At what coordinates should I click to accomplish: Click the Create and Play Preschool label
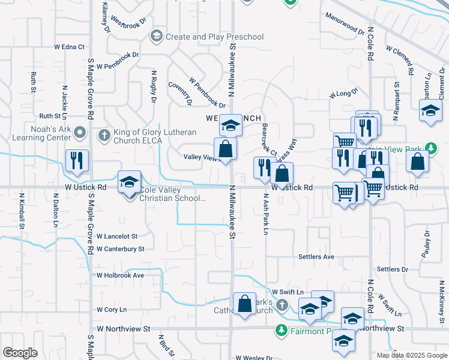pyautogui.click(x=214, y=37)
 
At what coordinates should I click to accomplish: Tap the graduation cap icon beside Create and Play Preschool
pyautogui.click(x=157, y=37)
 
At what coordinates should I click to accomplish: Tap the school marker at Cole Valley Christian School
pyautogui.click(x=128, y=182)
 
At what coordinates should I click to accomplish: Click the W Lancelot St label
pyautogui.click(x=117, y=237)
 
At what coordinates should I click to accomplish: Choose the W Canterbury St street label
pyautogui.click(x=120, y=249)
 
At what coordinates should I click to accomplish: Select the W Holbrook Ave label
pyautogui.click(x=120, y=275)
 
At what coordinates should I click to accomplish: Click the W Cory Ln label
pyautogui.click(x=112, y=310)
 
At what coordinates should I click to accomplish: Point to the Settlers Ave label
pyautogui.click(x=316, y=257)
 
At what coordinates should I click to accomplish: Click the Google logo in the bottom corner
pyautogui.click(x=20, y=353)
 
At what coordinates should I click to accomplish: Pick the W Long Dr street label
pyautogui.click(x=343, y=93)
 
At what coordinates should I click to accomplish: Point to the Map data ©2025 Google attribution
pyautogui.click(x=412, y=355)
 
